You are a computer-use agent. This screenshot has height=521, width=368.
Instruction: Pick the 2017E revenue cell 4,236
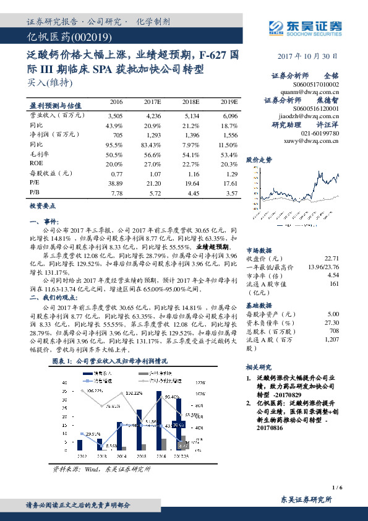153,115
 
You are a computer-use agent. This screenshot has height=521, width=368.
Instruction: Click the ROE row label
36,163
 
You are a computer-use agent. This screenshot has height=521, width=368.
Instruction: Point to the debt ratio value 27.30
332,322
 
